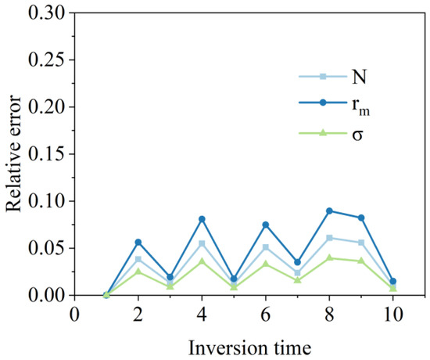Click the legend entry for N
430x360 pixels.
click(x=325, y=76)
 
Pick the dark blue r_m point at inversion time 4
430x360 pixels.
click(x=202, y=219)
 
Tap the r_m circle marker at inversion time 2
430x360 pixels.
click(x=138, y=242)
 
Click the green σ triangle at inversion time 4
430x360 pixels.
click(x=202, y=261)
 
